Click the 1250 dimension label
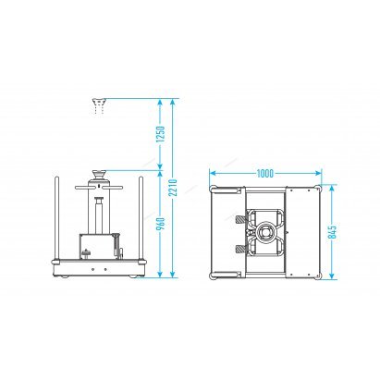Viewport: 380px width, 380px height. (161, 134)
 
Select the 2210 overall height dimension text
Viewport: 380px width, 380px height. (173, 188)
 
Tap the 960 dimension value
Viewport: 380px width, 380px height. (161, 224)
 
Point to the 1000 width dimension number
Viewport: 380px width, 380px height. (265, 174)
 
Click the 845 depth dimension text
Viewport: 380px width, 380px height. (332, 232)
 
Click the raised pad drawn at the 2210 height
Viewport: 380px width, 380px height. (99, 102)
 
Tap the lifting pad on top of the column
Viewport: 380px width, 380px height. (99, 175)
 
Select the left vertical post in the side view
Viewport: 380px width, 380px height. (57, 219)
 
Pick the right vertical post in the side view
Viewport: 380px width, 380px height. (141, 219)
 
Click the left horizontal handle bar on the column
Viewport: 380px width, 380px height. (81, 188)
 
